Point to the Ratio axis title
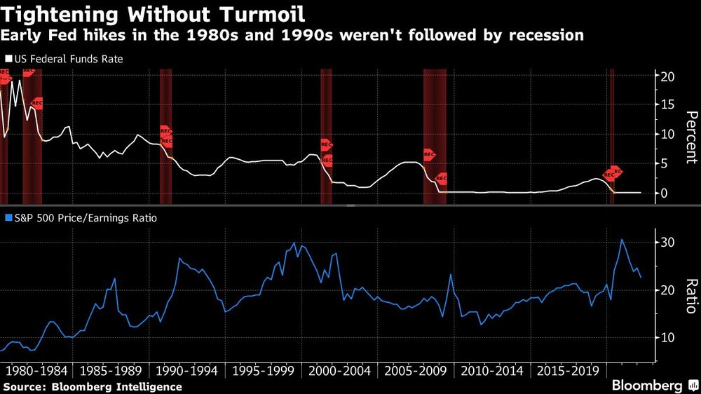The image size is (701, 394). point(690,296)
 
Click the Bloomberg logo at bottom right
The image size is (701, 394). point(652,386)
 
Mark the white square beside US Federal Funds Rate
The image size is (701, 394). point(8,60)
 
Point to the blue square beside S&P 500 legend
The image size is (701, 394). point(8,218)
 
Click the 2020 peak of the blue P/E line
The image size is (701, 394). point(621,240)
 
